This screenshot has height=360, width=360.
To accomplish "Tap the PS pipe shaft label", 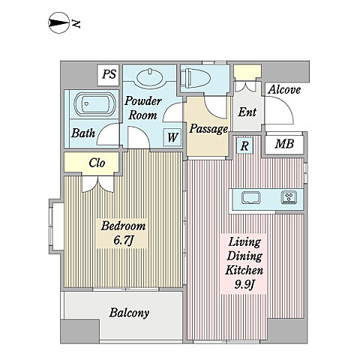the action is [x=109, y=74].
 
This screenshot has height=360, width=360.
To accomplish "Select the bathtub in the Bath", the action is [x=95, y=103].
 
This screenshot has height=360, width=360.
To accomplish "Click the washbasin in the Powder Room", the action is [x=150, y=76].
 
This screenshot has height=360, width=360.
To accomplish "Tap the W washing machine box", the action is [x=172, y=137].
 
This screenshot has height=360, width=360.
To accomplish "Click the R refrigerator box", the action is [x=244, y=145].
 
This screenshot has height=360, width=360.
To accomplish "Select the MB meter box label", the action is [x=284, y=144].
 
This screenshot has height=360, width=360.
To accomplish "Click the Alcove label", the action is [x=284, y=90].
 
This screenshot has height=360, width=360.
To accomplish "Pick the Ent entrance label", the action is [x=247, y=112].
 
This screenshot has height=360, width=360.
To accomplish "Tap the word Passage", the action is [x=208, y=129].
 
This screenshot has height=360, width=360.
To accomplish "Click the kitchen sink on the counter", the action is [x=250, y=197].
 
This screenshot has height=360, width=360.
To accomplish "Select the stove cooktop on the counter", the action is [x=289, y=197].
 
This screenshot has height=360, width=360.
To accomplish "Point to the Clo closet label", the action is [x=97, y=163].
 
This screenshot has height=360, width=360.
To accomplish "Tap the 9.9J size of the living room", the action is [x=244, y=284].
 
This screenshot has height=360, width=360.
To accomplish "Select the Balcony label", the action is [x=129, y=313].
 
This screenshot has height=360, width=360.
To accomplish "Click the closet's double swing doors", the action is [x=98, y=184].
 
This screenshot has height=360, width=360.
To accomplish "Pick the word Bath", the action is [x=83, y=133].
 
